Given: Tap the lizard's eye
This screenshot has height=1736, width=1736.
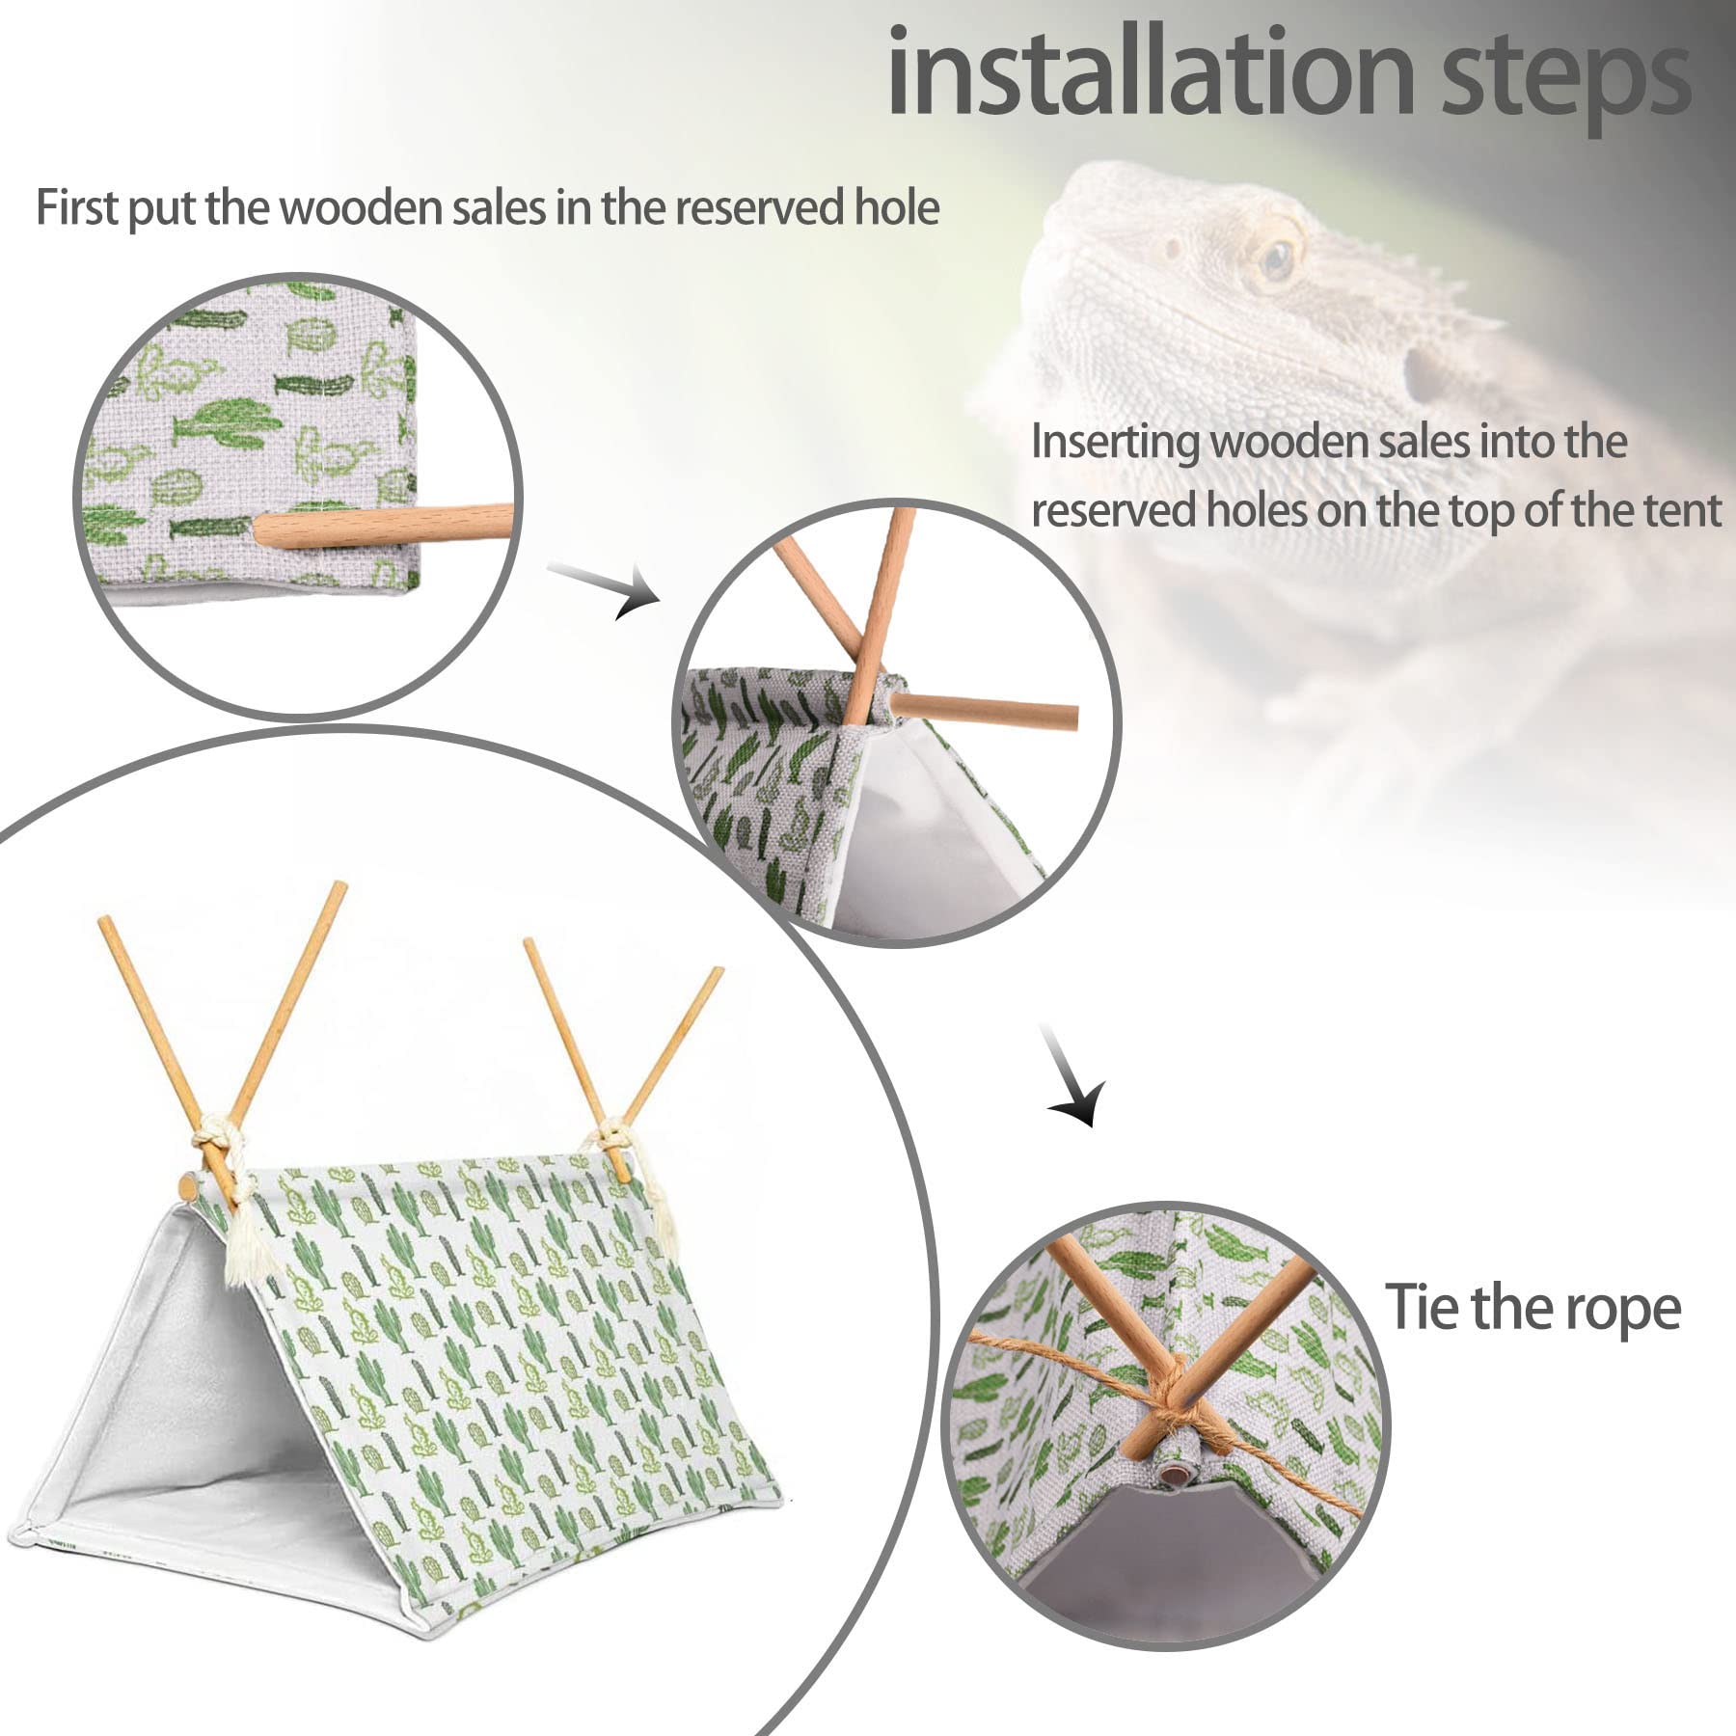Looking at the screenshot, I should [x=1277, y=256].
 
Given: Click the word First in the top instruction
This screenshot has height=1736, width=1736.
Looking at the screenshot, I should [x=77, y=208].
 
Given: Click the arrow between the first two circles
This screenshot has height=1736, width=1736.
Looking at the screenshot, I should [x=608, y=588].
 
